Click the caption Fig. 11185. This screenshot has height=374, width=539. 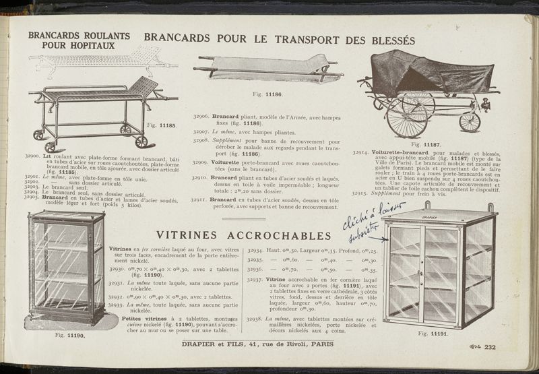[x=161, y=125]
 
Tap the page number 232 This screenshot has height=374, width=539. [x=489, y=347]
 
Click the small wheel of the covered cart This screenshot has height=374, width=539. [x=470, y=122]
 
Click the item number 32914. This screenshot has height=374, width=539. [x=363, y=154]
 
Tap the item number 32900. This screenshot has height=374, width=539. [x=32, y=156]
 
